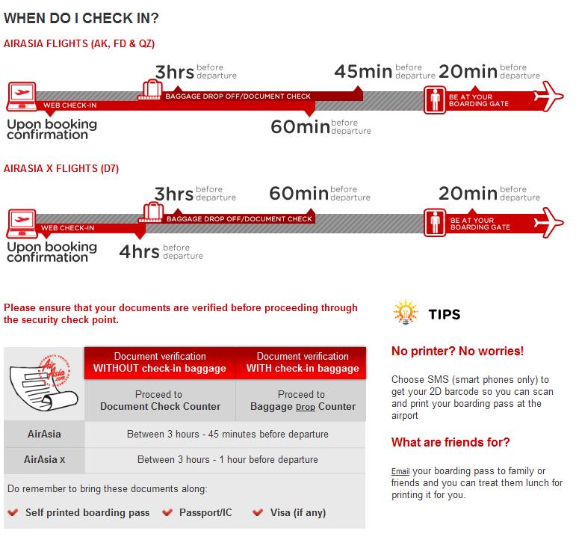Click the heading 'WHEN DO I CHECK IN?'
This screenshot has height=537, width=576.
[81, 16]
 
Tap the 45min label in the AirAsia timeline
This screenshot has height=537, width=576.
[362, 72]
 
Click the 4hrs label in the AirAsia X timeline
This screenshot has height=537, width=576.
[139, 251]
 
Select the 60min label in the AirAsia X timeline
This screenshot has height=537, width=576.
[299, 193]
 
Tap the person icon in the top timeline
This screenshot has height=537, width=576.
[435, 100]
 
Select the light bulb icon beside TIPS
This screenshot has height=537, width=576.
[404, 313]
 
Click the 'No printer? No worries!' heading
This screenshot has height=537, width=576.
[457, 351]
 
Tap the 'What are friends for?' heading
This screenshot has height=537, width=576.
[450, 442]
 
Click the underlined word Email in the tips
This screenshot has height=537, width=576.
[400, 471]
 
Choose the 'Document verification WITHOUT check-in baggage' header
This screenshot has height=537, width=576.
[160, 362]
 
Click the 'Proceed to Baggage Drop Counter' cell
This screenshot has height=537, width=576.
[301, 400]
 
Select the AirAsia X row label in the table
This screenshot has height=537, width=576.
[45, 459]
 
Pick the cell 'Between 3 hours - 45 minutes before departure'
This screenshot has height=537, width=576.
[226, 434]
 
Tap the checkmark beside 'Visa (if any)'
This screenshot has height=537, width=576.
[258, 512]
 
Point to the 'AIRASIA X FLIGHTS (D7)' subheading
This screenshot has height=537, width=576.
[61, 169]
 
